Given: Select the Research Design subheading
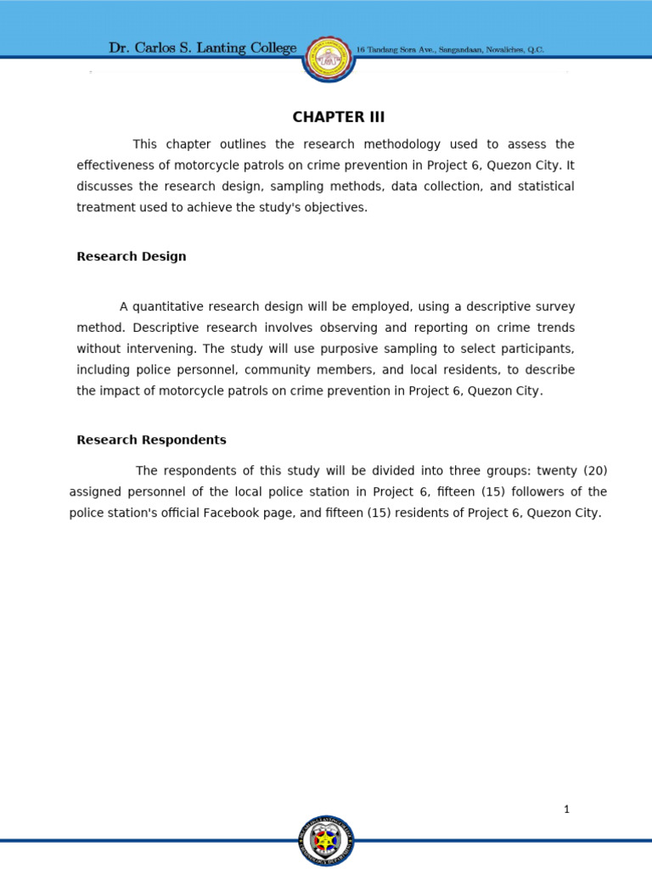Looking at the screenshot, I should (x=132, y=256).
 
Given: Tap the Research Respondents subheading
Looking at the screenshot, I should (x=151, y=440).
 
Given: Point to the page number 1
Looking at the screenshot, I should (x=566, y=809).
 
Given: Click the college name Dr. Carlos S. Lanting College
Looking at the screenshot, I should (x=203, y=48).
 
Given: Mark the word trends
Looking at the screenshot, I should (x=556, y=328).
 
